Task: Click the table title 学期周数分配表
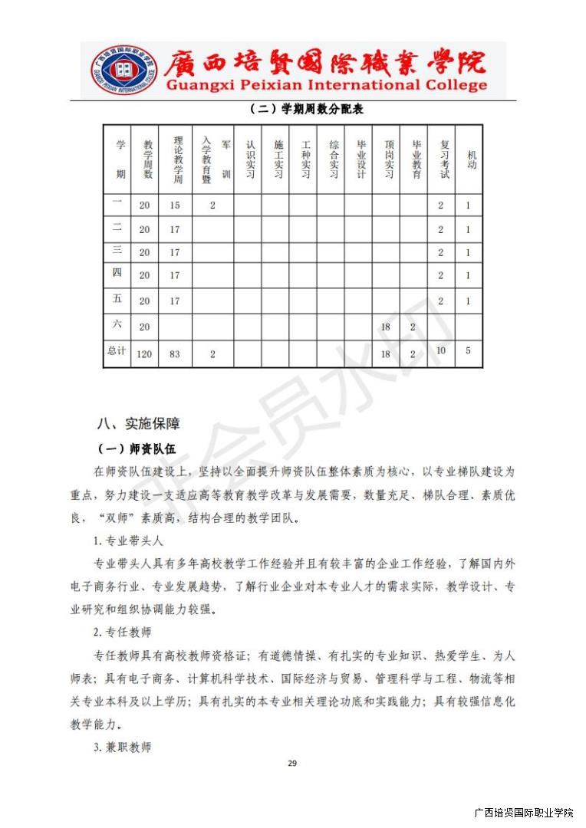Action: pyautogui.click(x=306, y=110)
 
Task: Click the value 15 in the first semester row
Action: pyautogui.click(x=175, y=205)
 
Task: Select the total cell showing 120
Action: pyautogui.click(x=144, y=354)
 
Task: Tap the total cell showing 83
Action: pyautogui.click(x=175, y=354)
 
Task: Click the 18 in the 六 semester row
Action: pyautogui.click(x=386, y=327)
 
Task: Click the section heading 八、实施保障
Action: pyautogui.click(x=138, y=423)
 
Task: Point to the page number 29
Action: pyautogui.click(x=291, y=763)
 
